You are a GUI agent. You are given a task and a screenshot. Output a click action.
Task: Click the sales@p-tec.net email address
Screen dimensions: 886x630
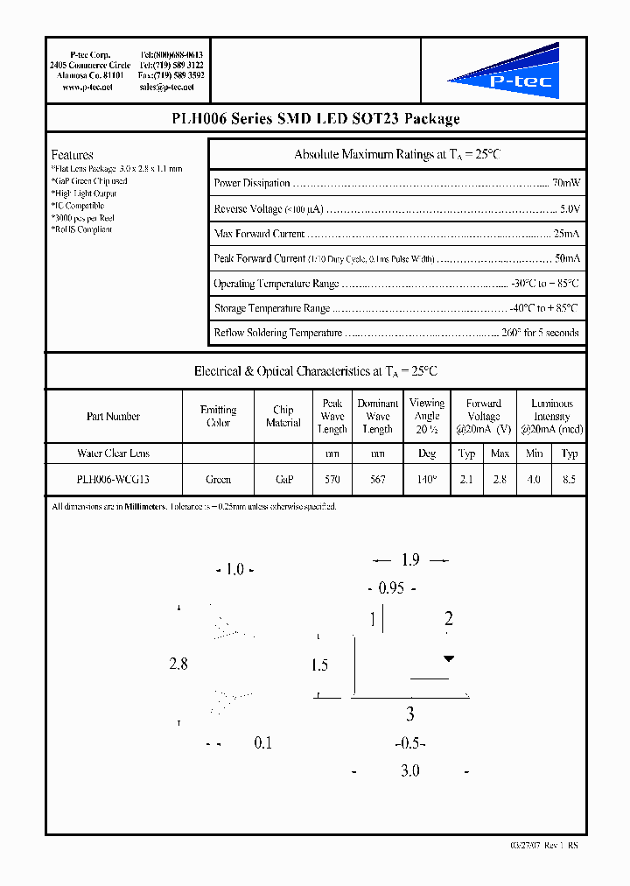171,88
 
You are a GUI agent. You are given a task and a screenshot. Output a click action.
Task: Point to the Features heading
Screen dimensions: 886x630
72,155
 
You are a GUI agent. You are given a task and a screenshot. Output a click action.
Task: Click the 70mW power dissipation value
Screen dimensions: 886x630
566,183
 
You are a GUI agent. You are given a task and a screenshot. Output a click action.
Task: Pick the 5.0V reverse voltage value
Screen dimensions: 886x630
570,209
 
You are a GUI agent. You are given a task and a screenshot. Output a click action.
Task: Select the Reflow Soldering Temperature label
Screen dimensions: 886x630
277,333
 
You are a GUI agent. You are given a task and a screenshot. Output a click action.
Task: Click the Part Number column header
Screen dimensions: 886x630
113,417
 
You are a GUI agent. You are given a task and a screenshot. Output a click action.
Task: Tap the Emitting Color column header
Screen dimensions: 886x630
218,416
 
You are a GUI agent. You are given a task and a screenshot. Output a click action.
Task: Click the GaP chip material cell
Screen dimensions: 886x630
283,479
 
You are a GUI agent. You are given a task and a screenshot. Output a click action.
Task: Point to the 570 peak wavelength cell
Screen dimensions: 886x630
332,479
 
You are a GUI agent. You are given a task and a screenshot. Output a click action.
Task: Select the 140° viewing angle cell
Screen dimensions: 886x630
426,479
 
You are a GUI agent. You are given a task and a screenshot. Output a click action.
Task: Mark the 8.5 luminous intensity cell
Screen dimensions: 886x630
570,479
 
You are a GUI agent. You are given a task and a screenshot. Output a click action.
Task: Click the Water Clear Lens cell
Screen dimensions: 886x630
113,454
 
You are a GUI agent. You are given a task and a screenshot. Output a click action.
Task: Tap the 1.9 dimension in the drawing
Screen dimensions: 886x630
410,560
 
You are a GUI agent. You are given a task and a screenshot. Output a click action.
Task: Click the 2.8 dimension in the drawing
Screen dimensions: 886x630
178,664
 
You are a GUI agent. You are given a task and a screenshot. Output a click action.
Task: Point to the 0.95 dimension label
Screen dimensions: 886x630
391,588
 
